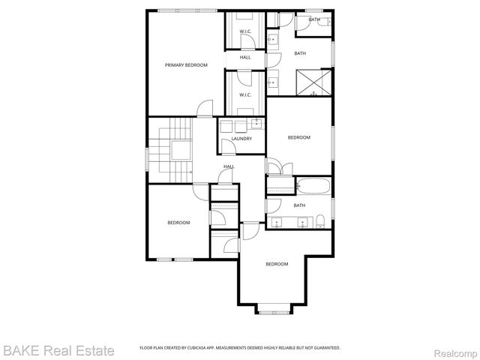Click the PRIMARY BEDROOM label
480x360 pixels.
(186, 65)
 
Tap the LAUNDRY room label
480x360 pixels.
(241, 139)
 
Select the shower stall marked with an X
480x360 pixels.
(314, 82)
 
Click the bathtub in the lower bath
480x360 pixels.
(313, 185)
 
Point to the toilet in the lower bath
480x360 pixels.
(320, 220)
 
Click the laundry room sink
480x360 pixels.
(256, 123)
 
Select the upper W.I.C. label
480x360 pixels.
(245, 31)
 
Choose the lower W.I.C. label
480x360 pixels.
(245, 95)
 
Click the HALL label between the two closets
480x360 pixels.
(245, 58)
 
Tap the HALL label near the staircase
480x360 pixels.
(229, 166)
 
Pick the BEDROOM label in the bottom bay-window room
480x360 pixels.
(277, 264)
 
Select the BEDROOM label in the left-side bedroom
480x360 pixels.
(178, 222)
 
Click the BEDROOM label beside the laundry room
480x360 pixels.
(300, 138)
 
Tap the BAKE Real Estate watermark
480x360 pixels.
(58, 350)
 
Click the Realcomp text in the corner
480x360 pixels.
(452, 351)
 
